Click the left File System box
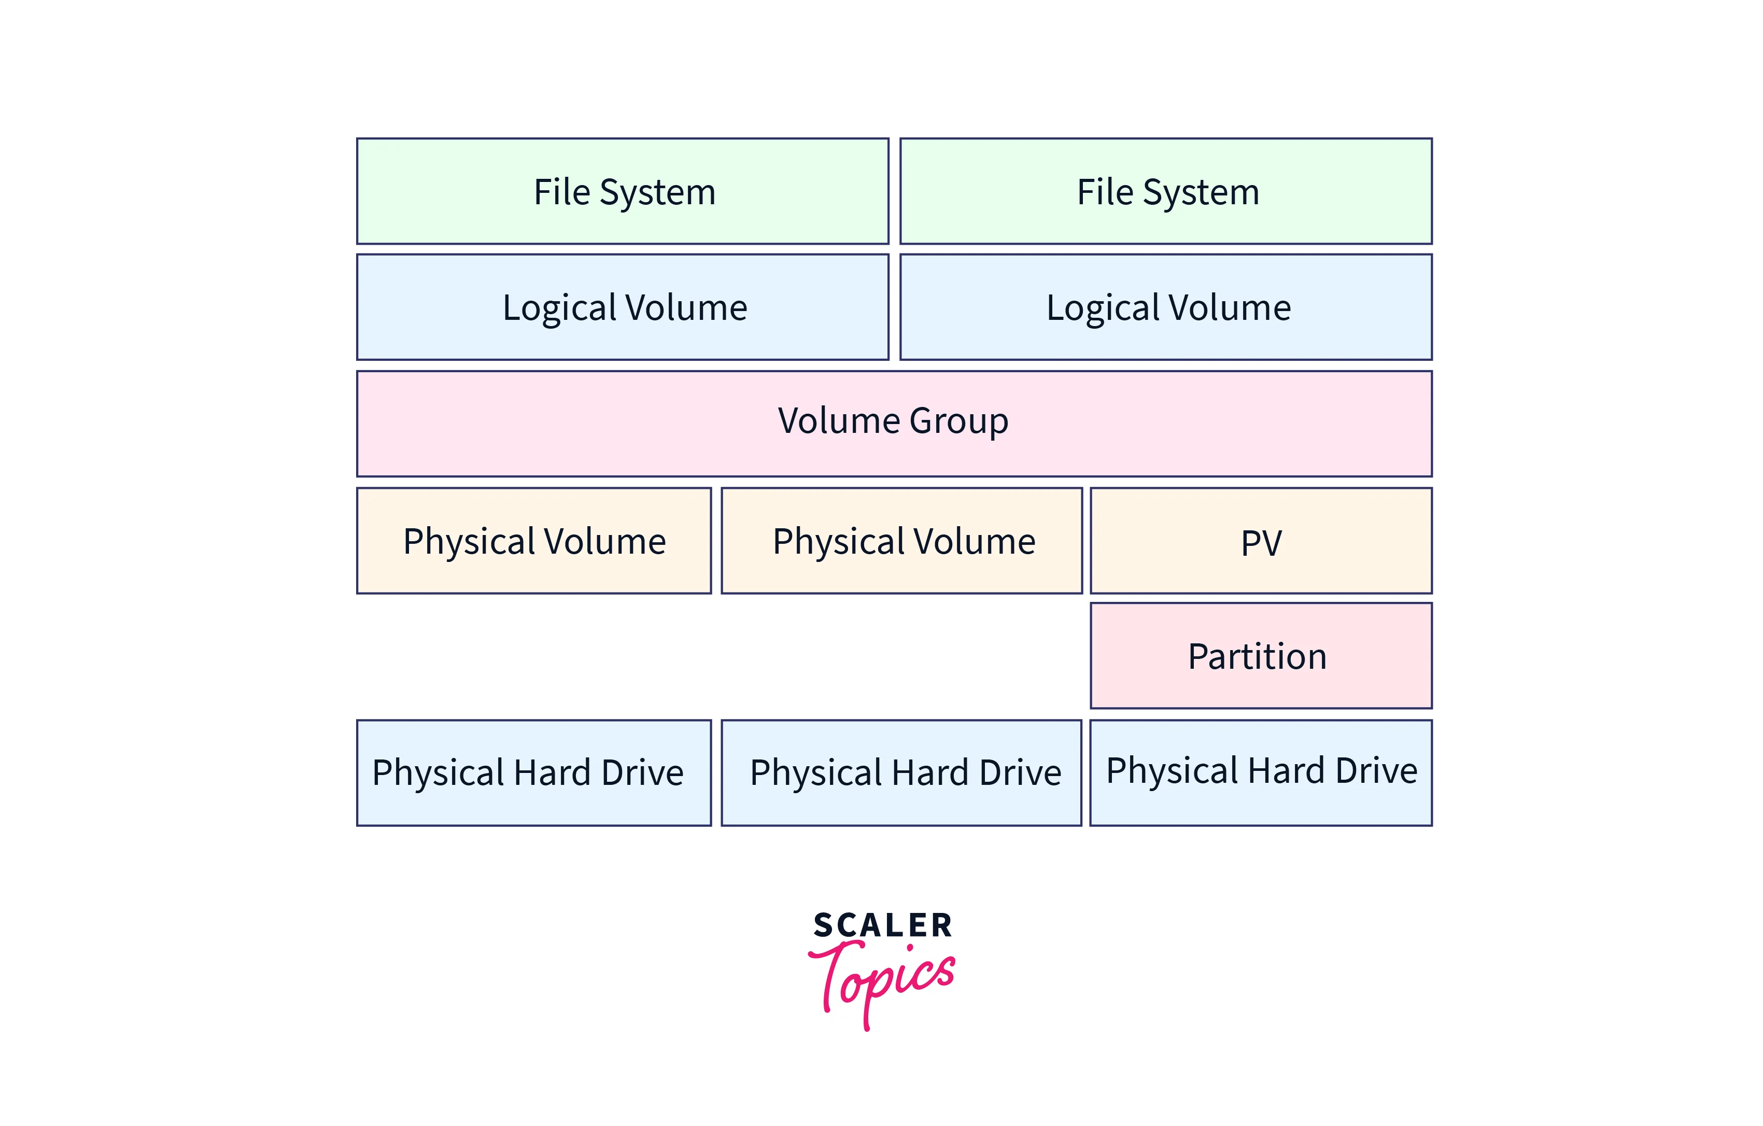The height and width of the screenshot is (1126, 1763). [x=623, y=191]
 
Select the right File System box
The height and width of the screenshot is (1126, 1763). [x=1166, y=191]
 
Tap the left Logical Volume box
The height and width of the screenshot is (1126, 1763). [x=623, y=307]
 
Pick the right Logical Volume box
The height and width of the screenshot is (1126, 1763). [x=1166, y=307]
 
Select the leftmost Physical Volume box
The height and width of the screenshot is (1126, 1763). [x=534, y=541]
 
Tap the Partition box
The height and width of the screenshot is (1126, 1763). [x=1261, y=656]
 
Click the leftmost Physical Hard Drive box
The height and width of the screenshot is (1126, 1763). [x=534, y=773]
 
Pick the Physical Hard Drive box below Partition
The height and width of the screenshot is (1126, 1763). [x=1261, y=772]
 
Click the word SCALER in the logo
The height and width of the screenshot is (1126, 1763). [x=882, y=925]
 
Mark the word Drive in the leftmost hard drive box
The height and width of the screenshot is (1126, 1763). [x=642, y=772]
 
